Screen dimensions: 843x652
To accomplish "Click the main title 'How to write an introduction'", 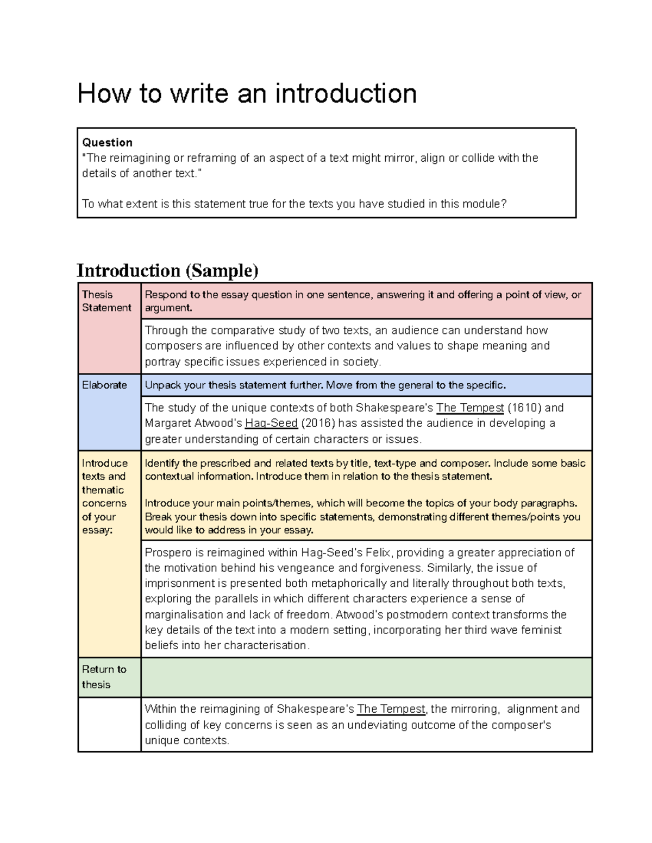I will [247, 93].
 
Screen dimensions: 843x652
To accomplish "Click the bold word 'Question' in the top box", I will [107, 142].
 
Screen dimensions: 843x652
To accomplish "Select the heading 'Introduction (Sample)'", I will [167, 270].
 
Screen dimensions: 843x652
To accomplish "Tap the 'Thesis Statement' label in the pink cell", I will [106, 301].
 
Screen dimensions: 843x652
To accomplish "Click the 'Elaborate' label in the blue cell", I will [104, 385].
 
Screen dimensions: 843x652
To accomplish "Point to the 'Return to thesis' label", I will [104, 677].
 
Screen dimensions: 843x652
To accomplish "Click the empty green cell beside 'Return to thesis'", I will [366, 677].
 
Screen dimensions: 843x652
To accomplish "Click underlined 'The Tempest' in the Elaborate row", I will [470, 408].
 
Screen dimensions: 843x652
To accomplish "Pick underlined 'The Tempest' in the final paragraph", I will [391, 709].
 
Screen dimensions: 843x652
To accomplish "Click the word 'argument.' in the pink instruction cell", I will [168, 308].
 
